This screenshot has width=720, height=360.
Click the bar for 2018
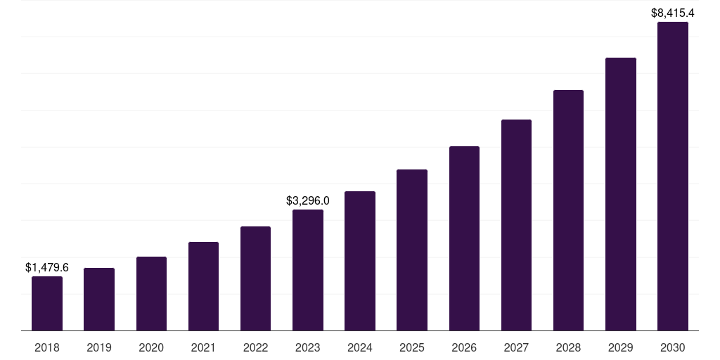tap(47, 303)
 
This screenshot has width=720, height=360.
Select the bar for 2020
tap(151, 293)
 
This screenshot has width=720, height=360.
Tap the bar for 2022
tap(255, 278)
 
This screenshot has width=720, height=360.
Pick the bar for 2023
tap(308, 270)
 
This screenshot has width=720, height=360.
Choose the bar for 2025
tap(412, 250)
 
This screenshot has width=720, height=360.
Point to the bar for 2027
tap(516, 225)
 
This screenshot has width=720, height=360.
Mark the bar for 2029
tap(620, 194)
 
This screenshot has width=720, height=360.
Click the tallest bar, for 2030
tap(673, 176)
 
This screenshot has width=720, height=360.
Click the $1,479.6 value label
tap(47, 268)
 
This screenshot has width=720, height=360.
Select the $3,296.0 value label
tap(308, 201)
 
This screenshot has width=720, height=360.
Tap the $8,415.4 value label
tap(673, 13)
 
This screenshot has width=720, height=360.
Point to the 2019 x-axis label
tap(99, 347)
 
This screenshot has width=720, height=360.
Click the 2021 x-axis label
tap(203, 347)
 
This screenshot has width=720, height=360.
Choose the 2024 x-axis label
tap(360, 347)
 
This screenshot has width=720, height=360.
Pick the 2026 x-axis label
tap(464, 347)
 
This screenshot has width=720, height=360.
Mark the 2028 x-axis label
tap(568, 347)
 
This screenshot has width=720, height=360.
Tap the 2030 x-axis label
tap(673, 347)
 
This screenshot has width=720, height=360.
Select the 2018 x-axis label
tap(47, 347)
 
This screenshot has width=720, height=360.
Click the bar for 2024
tap(360, 261)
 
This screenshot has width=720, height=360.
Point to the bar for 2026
tap(464, 238)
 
